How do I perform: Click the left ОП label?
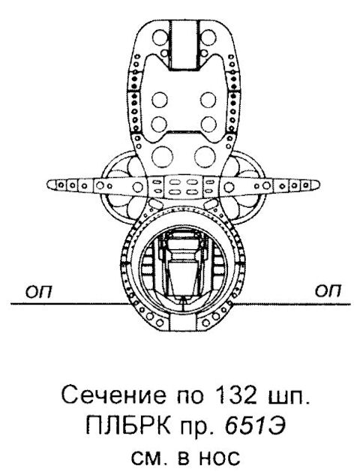click(38, 291)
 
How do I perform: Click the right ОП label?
click(328, 291)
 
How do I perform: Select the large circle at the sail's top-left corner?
click(160, 37)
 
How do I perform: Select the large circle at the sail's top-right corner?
click(208, 37)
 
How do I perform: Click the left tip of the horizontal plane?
click(47, 184)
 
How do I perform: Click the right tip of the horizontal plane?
click(319, 185)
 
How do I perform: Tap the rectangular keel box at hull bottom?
click(183, 323)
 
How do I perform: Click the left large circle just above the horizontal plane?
click(163, 157)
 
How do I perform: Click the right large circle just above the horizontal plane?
click(205, 157)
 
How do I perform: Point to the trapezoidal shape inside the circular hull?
click(184, 278)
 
